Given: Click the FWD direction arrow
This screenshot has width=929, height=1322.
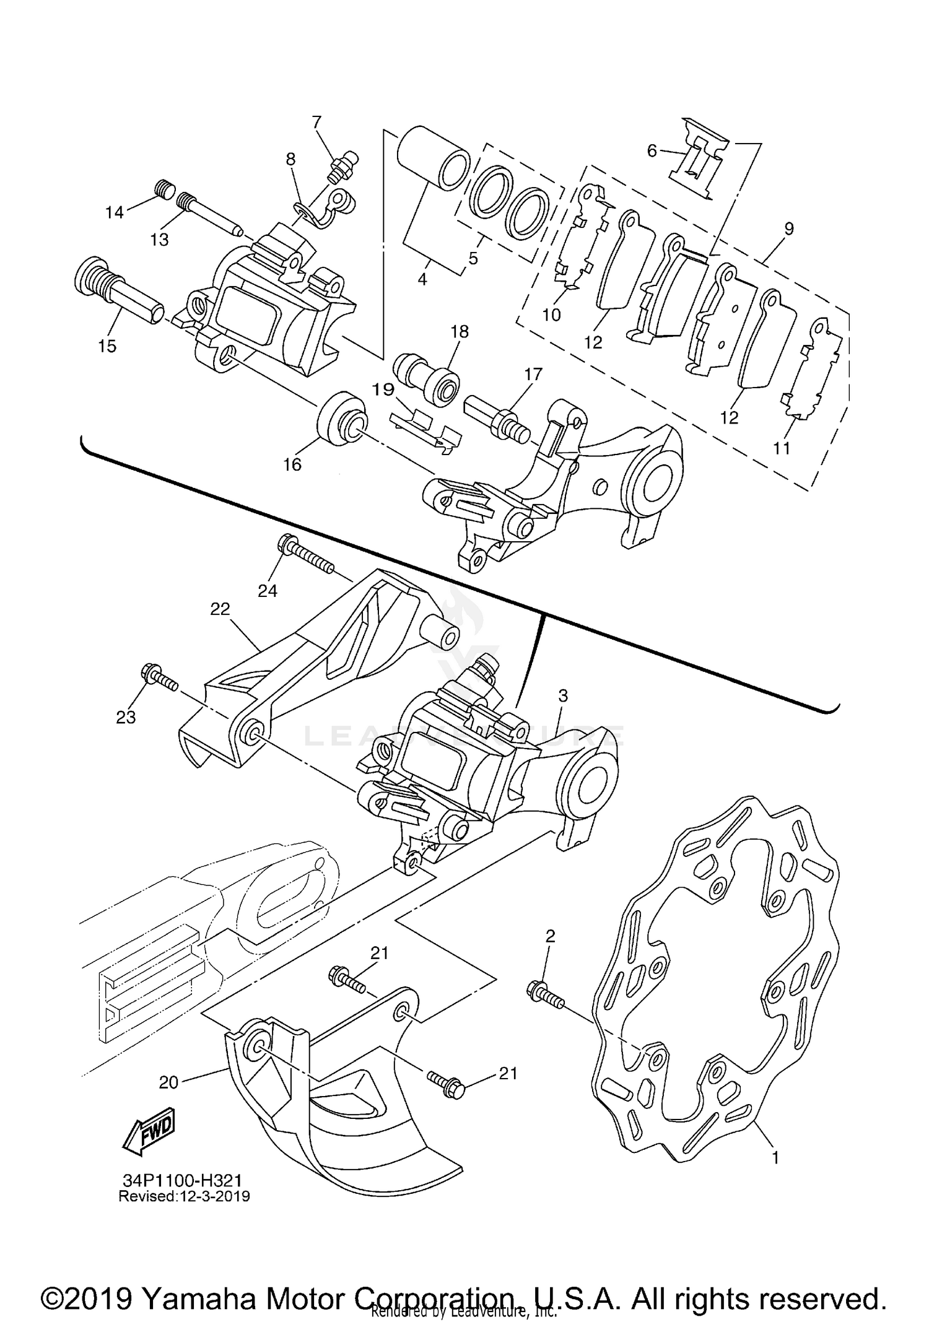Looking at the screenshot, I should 149,1131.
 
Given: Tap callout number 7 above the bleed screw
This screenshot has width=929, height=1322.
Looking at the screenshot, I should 317,121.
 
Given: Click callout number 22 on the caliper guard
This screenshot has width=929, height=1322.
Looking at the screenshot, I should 220,609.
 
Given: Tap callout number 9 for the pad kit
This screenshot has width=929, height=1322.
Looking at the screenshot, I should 788,228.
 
